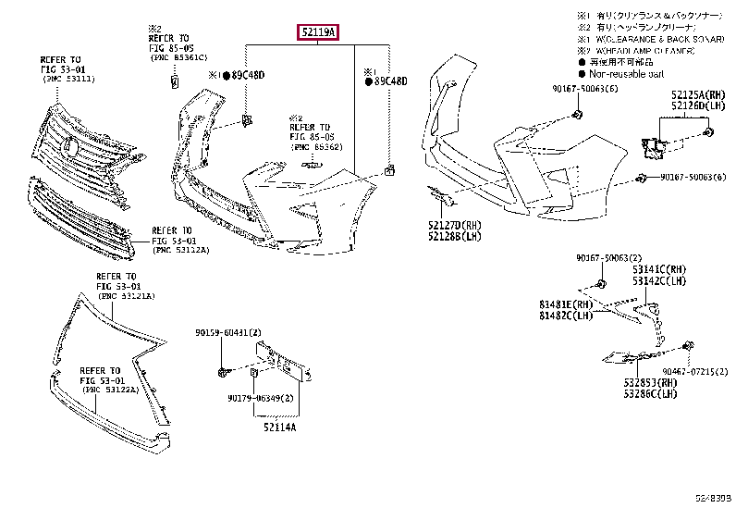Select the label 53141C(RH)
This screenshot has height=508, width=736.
pos(659,269)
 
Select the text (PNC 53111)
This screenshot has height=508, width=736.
pos(67,81)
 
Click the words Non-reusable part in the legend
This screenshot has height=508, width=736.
pos(627,72)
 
